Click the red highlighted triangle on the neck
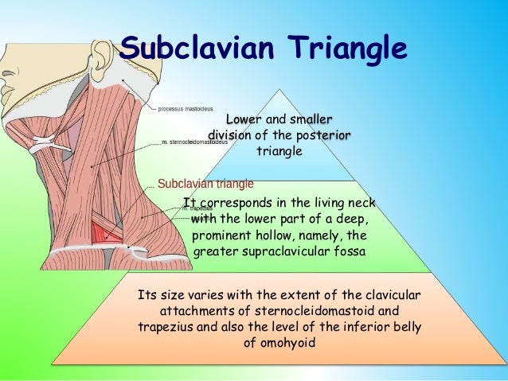103,232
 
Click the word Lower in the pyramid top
246,119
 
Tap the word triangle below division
279,151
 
